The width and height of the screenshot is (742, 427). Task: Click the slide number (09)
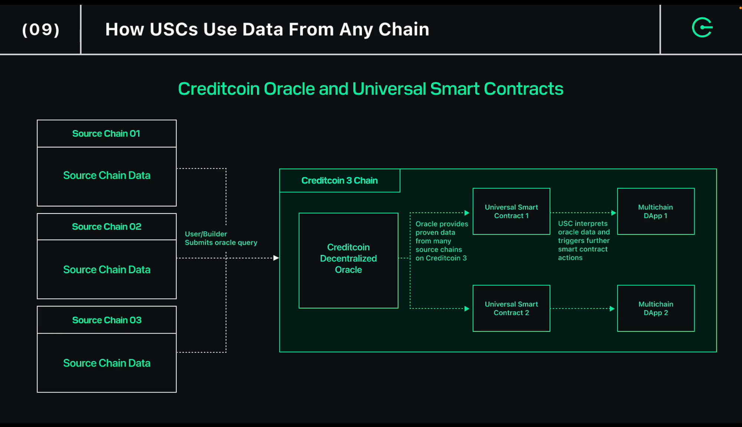41,30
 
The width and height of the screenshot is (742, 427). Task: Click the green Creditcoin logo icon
702,27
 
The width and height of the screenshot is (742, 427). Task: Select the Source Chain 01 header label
106,133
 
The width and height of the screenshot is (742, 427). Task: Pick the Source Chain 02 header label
106,226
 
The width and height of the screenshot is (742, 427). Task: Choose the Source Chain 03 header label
106,320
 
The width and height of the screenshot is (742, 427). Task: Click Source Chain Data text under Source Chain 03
106,363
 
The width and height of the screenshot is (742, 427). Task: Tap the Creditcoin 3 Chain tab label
339,181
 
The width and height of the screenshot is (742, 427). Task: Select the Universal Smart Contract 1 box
511,211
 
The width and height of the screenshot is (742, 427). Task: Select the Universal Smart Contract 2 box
511,308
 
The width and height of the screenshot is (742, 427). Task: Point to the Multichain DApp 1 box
656,211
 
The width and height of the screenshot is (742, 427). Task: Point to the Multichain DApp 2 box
656,308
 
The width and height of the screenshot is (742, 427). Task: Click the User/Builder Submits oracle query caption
221,238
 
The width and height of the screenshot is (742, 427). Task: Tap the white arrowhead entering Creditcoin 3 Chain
276,258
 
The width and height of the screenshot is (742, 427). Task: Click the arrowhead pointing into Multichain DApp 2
612,309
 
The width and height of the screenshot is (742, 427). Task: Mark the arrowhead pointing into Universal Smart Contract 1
467,213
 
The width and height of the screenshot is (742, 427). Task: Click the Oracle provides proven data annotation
441,241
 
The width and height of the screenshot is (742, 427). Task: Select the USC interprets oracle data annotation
583,241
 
